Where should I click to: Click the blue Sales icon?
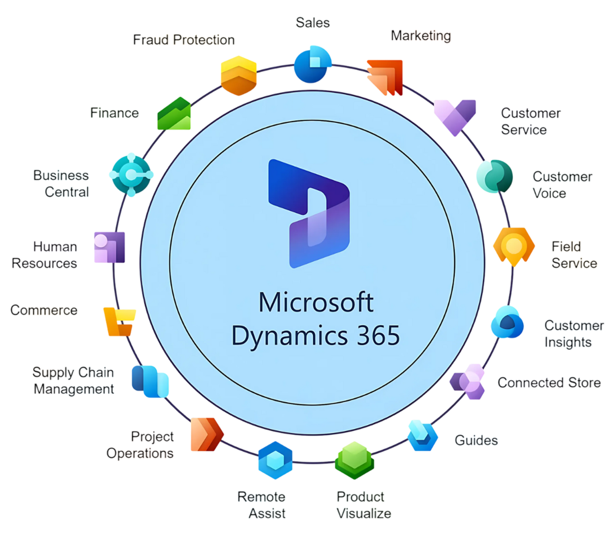point(312,65)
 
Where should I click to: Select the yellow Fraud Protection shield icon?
point(239,75)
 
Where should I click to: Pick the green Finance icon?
point(174,114)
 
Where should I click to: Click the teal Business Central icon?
point(131,175)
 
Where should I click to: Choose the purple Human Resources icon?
point(110,247)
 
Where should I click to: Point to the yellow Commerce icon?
point(119,322)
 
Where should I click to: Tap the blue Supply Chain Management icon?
point(150,381)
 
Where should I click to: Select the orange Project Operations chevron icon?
point(207,435)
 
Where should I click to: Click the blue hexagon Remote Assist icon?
point(275,460)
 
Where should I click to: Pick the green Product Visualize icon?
point(355,460)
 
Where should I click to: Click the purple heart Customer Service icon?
point(455,117)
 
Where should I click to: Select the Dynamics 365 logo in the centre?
point(309,214)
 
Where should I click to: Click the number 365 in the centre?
point(378,336)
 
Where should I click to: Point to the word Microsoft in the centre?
point(316,303)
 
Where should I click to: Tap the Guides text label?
point(476,440)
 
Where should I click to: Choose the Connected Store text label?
point(549,383)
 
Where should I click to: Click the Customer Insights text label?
point(574,334)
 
